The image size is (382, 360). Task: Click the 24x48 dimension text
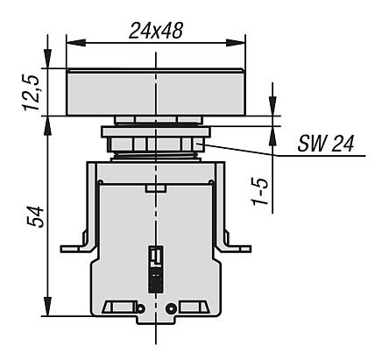point(156,31)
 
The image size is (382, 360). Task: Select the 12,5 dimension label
point(32,93)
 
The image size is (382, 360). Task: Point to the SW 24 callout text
point(326,144)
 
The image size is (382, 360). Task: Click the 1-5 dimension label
point(260,191)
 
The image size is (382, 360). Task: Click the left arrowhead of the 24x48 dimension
point(75,43)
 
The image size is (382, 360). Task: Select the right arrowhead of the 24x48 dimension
point(236,43)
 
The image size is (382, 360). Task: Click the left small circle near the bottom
point(140,308)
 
